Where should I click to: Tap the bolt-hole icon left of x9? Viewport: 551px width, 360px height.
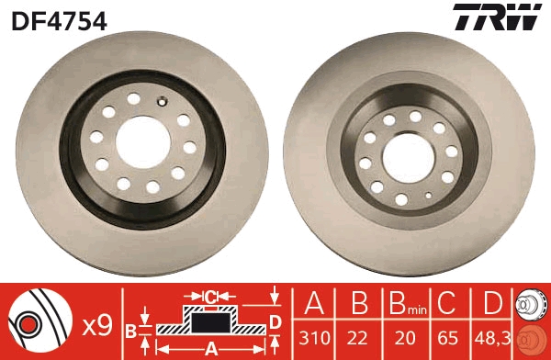pos(38,321)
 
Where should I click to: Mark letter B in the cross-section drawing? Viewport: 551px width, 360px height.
pos(131,328)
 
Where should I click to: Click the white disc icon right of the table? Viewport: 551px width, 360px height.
pos(532,304)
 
